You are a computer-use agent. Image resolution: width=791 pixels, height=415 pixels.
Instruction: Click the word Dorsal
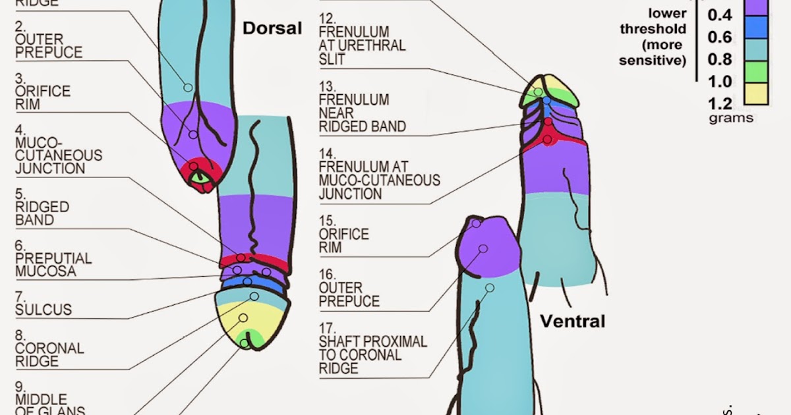pos(272,28)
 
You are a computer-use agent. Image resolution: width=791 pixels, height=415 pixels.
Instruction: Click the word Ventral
pos(572,321)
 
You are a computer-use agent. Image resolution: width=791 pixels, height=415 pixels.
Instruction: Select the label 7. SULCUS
pos(44,303)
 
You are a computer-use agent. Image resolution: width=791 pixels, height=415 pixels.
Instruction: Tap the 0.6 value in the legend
pos(720,37)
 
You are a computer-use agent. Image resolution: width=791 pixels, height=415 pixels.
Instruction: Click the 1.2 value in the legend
pos(720,103)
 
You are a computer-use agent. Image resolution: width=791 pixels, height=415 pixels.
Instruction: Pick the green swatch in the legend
pos(756,71)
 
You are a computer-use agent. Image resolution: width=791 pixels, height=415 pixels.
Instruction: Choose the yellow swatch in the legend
pos(756,94)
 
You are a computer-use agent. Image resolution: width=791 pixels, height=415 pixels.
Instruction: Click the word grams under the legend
pos(730,119)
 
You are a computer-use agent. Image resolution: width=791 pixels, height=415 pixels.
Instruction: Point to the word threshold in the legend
pos(653,29)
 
